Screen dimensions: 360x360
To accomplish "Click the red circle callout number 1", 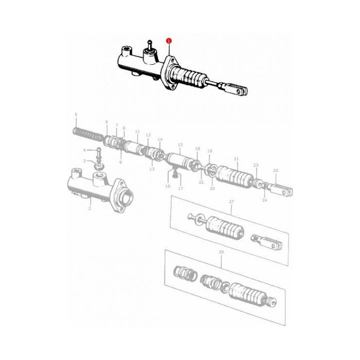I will click(169, 40).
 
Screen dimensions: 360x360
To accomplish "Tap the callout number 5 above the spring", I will click(76, 114).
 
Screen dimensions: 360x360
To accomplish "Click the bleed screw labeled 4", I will click(98, 154).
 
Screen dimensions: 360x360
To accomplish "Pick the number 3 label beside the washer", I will click(85, 161).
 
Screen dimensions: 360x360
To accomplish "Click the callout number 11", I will click(137, 132).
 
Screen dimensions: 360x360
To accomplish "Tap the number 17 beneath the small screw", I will click(181, 188).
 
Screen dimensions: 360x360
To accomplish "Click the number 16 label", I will click(168, 186).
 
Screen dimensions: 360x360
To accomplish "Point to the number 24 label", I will click(265, 200).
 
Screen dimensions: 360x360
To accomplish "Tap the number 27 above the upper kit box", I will click(231, 202).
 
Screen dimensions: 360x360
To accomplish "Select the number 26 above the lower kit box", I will click(222, 253).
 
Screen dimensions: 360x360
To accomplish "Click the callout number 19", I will click(209, 151).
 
